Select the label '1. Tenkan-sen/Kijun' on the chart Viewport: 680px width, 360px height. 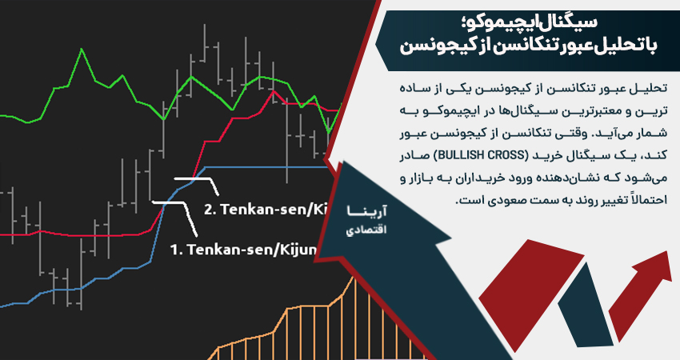point(245,249)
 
